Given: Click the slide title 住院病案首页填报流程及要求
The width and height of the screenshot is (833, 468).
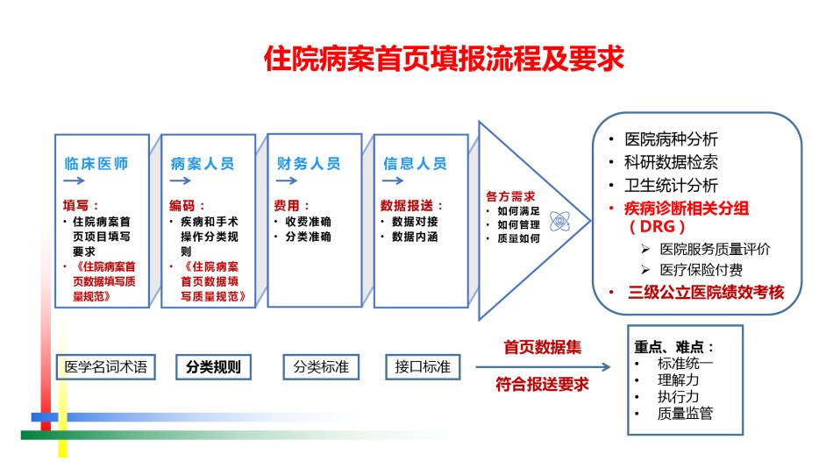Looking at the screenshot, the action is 444,59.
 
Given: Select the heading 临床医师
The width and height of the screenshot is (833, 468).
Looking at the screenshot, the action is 96,164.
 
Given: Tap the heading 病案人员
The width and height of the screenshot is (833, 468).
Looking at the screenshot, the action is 203,164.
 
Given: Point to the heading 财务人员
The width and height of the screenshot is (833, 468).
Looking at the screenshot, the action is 309,164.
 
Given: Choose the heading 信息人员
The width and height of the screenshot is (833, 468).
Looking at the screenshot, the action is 415,164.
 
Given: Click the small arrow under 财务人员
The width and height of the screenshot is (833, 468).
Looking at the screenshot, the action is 287,181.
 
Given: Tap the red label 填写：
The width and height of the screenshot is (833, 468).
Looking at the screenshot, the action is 81,205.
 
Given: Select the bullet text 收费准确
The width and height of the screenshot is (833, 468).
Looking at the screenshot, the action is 308,222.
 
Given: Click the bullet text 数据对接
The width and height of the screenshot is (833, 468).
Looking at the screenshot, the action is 415,222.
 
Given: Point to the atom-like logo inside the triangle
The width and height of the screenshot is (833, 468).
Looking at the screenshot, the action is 559,221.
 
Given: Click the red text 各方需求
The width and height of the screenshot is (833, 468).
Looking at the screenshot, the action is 510,196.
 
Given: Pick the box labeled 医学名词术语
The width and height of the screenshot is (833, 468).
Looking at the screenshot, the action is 106,367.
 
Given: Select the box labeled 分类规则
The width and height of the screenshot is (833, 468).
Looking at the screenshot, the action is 214,367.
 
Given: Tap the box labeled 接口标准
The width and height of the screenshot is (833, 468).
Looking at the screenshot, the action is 423,367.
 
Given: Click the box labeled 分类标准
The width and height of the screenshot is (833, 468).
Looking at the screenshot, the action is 321,367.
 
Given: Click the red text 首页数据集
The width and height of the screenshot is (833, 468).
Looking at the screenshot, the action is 543,347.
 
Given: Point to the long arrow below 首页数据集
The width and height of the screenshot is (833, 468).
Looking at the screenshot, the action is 543,366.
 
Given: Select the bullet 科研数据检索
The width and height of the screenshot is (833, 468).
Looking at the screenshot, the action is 671,162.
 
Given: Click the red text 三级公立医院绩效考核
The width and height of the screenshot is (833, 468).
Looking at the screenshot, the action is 706,292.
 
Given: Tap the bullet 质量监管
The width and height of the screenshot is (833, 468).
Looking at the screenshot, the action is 685,414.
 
